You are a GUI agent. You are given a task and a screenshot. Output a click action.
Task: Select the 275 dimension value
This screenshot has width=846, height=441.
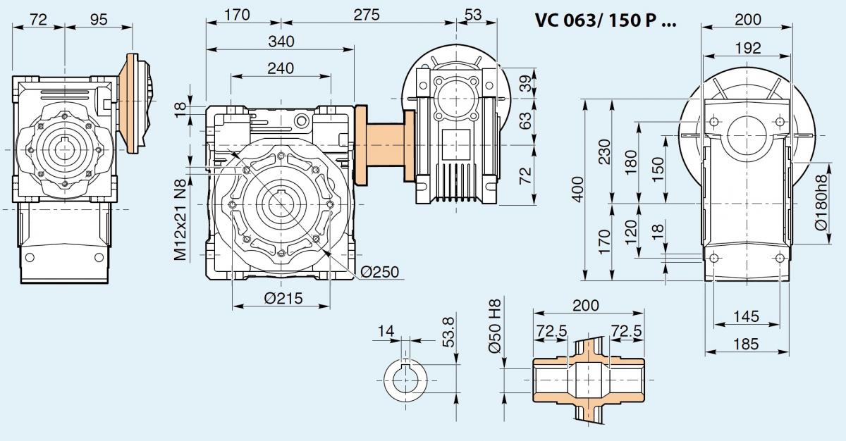367,15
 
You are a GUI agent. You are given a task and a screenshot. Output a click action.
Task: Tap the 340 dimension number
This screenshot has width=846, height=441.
281,42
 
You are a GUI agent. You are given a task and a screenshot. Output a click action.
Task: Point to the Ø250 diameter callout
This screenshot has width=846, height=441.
379,272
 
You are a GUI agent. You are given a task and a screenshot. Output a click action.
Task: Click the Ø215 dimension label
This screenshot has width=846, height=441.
283,299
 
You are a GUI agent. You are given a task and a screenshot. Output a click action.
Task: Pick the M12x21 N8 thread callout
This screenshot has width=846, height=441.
180,220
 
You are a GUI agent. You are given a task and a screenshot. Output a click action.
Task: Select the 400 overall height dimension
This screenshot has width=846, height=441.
578,190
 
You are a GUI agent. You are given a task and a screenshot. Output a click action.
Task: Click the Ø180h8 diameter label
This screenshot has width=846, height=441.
821,202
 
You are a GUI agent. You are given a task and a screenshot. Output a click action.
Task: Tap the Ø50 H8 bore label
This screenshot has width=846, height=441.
494,326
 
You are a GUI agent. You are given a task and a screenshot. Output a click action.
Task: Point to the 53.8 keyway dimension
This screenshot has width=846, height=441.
448,332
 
